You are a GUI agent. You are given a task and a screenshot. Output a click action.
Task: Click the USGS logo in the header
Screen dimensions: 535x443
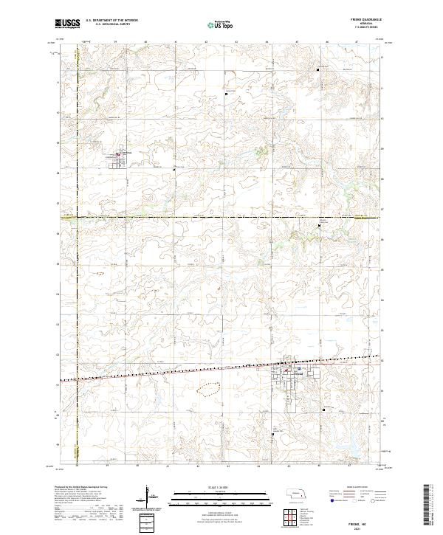coord(67,24)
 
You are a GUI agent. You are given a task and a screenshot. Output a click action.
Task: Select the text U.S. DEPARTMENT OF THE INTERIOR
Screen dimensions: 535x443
coord(111,21)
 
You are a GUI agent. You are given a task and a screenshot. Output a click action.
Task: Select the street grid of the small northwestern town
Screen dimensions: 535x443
coord(120,159)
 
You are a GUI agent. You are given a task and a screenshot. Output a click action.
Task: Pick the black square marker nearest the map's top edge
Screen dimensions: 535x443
coord(318,69)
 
